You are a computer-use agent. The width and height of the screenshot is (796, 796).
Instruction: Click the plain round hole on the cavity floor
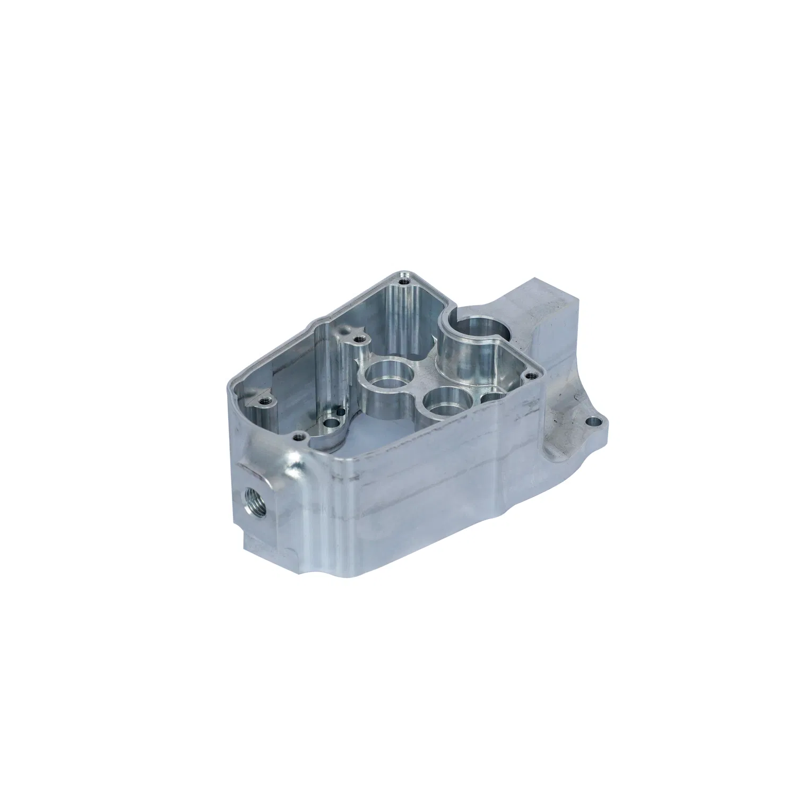[x=333, y=423]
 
